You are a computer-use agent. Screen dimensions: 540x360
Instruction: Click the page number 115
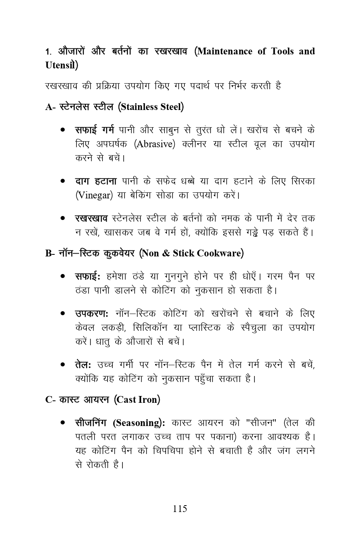(x=180, y=508)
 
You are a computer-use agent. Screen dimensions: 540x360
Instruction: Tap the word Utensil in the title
(x=60, y=65)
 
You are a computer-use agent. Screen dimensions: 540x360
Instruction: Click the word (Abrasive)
(x=154, y=144)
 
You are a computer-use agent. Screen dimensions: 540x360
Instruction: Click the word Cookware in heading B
(x=218, y=253)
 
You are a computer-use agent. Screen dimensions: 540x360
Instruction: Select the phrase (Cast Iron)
(x=137, y=400)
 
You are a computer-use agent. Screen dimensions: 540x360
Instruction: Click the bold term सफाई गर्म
(x=94, y=130)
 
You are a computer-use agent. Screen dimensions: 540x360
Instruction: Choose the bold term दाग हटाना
(x=96, y=181)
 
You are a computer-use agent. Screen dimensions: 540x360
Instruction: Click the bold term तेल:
(x=83, y=364)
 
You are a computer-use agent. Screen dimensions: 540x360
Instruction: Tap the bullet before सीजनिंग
(x=63, y=423)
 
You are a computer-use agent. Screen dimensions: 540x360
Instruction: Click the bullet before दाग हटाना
(x=63, y=181)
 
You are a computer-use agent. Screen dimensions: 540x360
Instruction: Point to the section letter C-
(x=50, y=400)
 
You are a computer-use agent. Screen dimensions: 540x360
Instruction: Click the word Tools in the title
(x=282, y=51)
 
